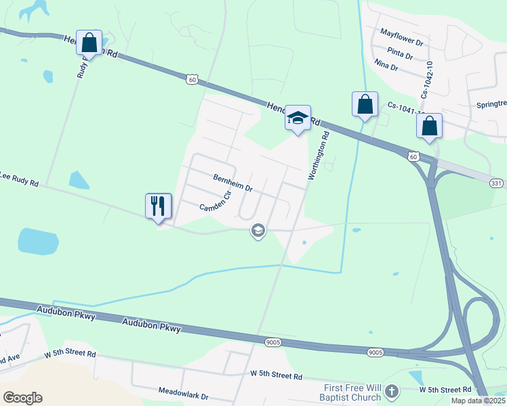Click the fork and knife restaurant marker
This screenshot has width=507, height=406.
pos(159,206)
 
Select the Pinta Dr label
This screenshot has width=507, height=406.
pos(400,52)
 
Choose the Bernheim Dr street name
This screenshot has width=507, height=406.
pos(232,182)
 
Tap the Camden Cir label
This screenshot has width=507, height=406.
pos(216,202)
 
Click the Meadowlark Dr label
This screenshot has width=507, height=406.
pos(183,392)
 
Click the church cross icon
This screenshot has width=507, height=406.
pos(391,391)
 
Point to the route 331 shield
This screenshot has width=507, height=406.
pos(497,183)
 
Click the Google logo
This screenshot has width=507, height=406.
pos(22,398)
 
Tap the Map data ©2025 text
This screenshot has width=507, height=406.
pos(478,401)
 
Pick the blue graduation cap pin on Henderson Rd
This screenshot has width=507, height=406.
pos(298,118)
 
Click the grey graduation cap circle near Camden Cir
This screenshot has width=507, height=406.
pos(258,231)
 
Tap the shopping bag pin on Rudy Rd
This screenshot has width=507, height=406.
pos(89,43)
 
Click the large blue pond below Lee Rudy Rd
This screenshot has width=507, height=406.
pos(38,241)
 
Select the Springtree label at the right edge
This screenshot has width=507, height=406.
pos(491,105)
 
